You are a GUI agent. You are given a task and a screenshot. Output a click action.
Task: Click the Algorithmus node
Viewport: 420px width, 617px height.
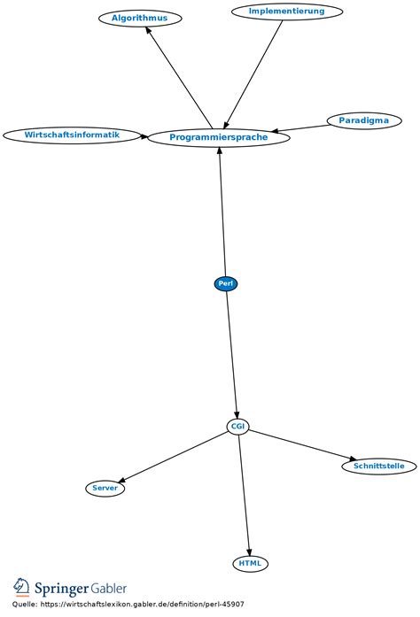(140, 18)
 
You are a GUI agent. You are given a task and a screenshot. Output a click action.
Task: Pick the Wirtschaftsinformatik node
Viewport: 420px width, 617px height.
(72, 135)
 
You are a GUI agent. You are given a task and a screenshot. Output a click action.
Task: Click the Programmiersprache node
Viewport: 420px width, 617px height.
(218, 137)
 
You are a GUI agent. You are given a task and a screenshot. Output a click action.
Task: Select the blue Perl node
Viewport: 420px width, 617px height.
(226, 283)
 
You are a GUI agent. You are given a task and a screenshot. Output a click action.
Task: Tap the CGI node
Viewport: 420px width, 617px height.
(237, 427)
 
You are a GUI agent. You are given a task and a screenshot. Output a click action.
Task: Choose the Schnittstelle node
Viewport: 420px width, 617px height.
(378, 466)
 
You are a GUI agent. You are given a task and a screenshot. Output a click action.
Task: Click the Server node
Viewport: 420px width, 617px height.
(105, 488)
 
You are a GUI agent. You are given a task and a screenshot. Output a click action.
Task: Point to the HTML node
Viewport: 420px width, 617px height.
(250, 563)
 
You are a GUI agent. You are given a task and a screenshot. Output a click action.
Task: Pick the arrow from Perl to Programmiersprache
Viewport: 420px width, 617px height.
(222, 212)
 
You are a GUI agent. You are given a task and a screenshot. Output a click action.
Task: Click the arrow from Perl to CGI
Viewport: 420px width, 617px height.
(232, 354)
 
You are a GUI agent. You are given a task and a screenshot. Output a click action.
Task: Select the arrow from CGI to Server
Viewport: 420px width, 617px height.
(173, 457)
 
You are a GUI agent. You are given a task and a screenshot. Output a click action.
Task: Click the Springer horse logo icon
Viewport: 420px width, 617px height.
(20, 588)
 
